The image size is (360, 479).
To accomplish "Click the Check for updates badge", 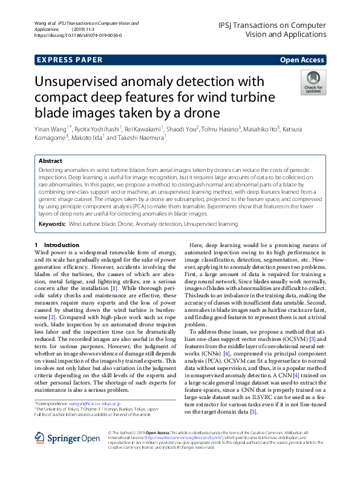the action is pyautogui.click(x=313, y=82).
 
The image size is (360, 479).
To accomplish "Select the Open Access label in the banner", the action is pyautogui.click(x=302, y=60).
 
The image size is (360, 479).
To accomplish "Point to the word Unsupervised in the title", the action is pyautogui.click(x=87, y=83).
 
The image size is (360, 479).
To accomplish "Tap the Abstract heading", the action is pyautogui.click(x=50, y=162).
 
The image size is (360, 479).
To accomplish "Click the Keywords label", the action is pyautogui.click(x=52, y=223).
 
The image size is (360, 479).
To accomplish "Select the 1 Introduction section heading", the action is pyautogui.click(x=56, y=245).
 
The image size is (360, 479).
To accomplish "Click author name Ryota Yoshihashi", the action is pyautogui.click(x=98, y=128).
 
